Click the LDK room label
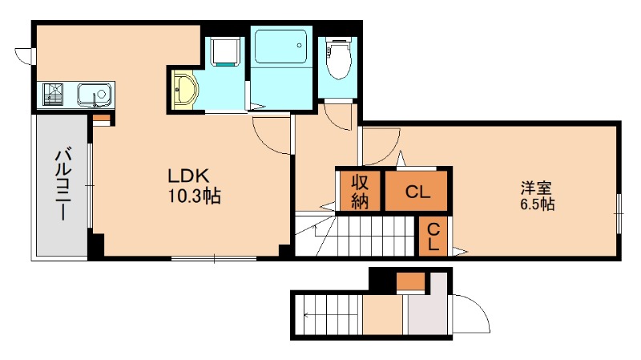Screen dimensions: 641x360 point(188,176)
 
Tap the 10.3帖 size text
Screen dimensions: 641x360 point(195,196)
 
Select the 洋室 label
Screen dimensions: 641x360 point(536,188)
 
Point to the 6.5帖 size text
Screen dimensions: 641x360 point(537,204)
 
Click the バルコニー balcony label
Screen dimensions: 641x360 point(63,185)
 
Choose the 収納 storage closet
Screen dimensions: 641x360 point(360,191)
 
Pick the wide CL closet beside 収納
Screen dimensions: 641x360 point(416,191)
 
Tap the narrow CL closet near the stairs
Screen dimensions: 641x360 point(433,236)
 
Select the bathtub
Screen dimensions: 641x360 point(280,47)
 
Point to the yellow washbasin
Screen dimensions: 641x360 point(185,90)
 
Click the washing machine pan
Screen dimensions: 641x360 point(224,51)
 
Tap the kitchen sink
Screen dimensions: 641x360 point(95,95)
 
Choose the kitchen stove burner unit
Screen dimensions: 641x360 point(53,95)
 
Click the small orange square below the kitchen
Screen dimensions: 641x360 point(102,119)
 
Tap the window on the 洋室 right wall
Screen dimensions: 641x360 point(619,213)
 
